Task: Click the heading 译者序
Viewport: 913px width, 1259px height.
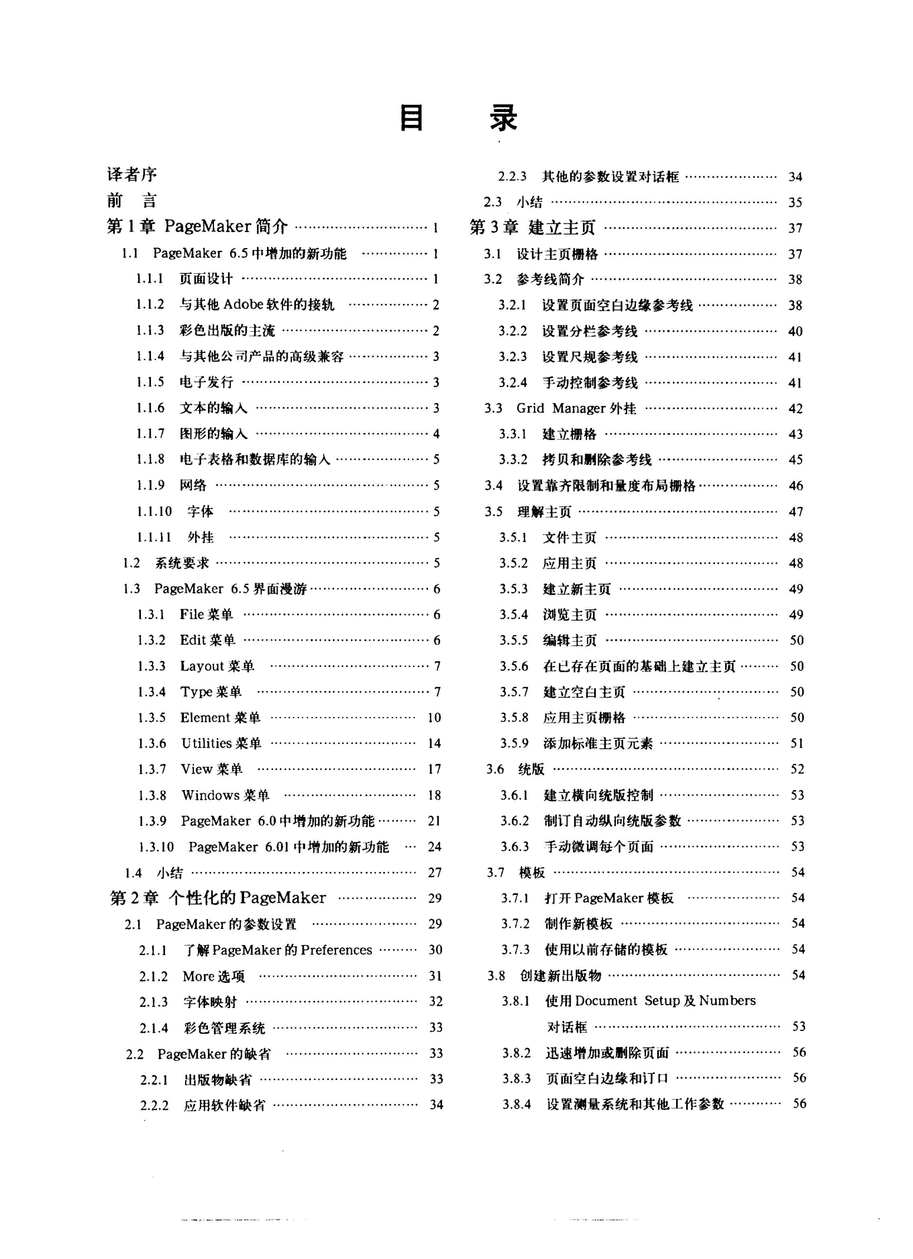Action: pyautogui.click(x=132, y=175)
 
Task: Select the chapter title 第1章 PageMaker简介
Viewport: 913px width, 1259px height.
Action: pyautogui.click(x=197, y=226)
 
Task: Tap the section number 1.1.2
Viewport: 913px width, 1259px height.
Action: pyautogui.click(x=150, y=304)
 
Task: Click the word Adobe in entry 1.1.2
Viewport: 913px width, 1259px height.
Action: pyautogui.click(x=243, y=304)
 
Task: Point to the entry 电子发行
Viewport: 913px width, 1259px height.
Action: pyautogui.click(x=206, y=382)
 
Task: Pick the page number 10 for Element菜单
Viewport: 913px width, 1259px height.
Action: pyautogui.click(x=434, y=718)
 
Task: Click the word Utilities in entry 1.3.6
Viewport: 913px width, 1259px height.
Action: pyautogui.click(x=206, y=743)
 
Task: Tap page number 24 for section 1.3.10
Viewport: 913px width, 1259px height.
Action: pyautogui.click(x=434, y=847)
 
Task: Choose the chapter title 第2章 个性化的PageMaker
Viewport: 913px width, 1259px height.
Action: pyautogui.click(x=218, y=898)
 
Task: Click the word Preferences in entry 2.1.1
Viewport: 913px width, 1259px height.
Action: pyautogui.click(x=336, y=950)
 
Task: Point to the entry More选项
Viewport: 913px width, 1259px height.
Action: pyautogui.click(x=213, y=976)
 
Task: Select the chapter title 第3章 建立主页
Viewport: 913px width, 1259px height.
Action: pyautogui.click(x=532, y=227)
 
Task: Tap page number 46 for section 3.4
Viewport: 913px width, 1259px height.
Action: pyautogui.click(x=795, y=486)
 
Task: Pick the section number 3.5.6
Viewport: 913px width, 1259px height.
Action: pyautogui.click(x=513, y=666)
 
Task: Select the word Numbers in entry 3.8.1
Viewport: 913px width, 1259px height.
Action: pyautogui.click(x=727, y=1001)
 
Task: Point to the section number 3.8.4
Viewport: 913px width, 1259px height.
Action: pyautogui.click(x=516, y=1104)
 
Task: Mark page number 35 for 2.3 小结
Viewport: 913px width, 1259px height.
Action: pyautogui.click(x=795, y=202)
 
